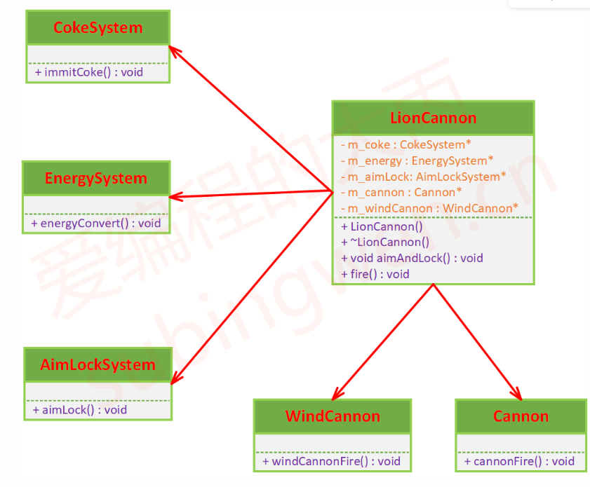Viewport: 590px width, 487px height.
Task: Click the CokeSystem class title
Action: point(98,28)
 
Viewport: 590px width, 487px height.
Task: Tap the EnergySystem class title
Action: point(96,178)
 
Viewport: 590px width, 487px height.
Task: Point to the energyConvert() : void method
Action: point(96,224)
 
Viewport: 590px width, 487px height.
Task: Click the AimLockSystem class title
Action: point(98,364)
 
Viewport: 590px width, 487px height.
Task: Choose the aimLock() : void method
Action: point(80,410)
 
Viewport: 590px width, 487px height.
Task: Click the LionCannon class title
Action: point(433,118)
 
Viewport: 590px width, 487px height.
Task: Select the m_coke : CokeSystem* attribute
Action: point(402,144)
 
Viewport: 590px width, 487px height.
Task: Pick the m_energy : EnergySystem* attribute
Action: point(417,160)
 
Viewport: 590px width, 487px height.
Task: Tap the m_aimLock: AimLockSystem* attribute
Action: point(423,177)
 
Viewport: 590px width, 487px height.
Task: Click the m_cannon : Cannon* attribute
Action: point(401,192)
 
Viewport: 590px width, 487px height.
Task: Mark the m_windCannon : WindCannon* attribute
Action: point(429,207)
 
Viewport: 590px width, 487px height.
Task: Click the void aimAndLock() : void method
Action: point(412,258)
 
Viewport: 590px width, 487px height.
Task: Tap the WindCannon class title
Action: point(333,416)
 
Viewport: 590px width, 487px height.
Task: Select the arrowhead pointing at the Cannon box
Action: point(516,395)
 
